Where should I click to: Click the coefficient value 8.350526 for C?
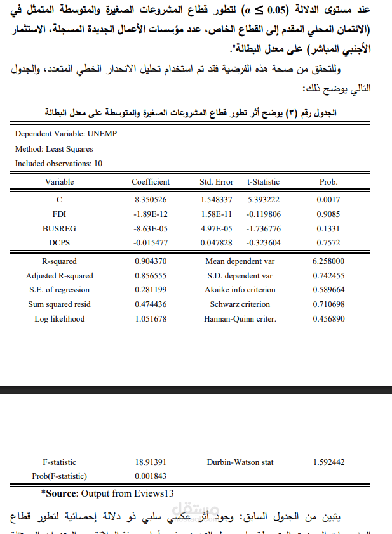[x=151, y=199]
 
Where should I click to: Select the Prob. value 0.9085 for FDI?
[x=328, y=214]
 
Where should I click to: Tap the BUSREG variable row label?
[x=59, y=228]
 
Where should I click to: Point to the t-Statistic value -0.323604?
[x=264, y=243]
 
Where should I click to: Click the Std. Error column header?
[x=216, y=182]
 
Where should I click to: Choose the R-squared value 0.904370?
[x=151, y=261]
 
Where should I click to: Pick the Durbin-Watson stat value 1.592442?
[x=328, y=462]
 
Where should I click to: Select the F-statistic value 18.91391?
[x=151, y=462]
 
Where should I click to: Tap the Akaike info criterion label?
[x=240, y=290]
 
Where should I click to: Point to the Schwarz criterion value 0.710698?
[x=328, y=304]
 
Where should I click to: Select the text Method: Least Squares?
[x=54, y=149]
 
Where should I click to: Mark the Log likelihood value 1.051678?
[x=151, y=319]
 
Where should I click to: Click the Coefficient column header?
[x=151, y=182]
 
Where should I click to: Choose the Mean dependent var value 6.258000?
[x=328, y=261]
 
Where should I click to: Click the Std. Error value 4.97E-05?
[x=216, y=228]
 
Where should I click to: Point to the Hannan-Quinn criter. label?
[x=240, y=319]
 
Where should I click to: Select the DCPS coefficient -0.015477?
[x=151, y=243]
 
